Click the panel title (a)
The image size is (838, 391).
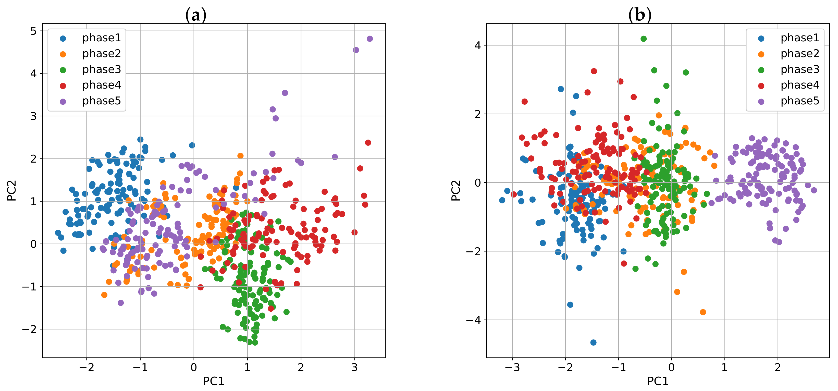tap(195, 15)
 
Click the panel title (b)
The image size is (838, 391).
tap(639, 15)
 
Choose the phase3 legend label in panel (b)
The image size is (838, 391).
tap(800, 69)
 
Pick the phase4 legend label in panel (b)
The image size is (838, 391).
tap(800, 85)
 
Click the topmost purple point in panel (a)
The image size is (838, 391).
tap(369, 39)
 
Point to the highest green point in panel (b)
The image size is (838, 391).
tap(644, 39)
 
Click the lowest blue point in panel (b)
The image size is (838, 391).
tap(593, 343)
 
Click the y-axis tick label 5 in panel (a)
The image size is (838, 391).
tap(33, 31)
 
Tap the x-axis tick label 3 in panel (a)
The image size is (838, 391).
tap(354, 368)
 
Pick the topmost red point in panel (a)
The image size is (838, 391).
tap(368, 142)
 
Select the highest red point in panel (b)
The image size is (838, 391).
tap(594, 71)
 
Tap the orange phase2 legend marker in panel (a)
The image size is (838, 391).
tap(63, 54)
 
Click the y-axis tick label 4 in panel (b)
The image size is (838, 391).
tap(477, 45)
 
